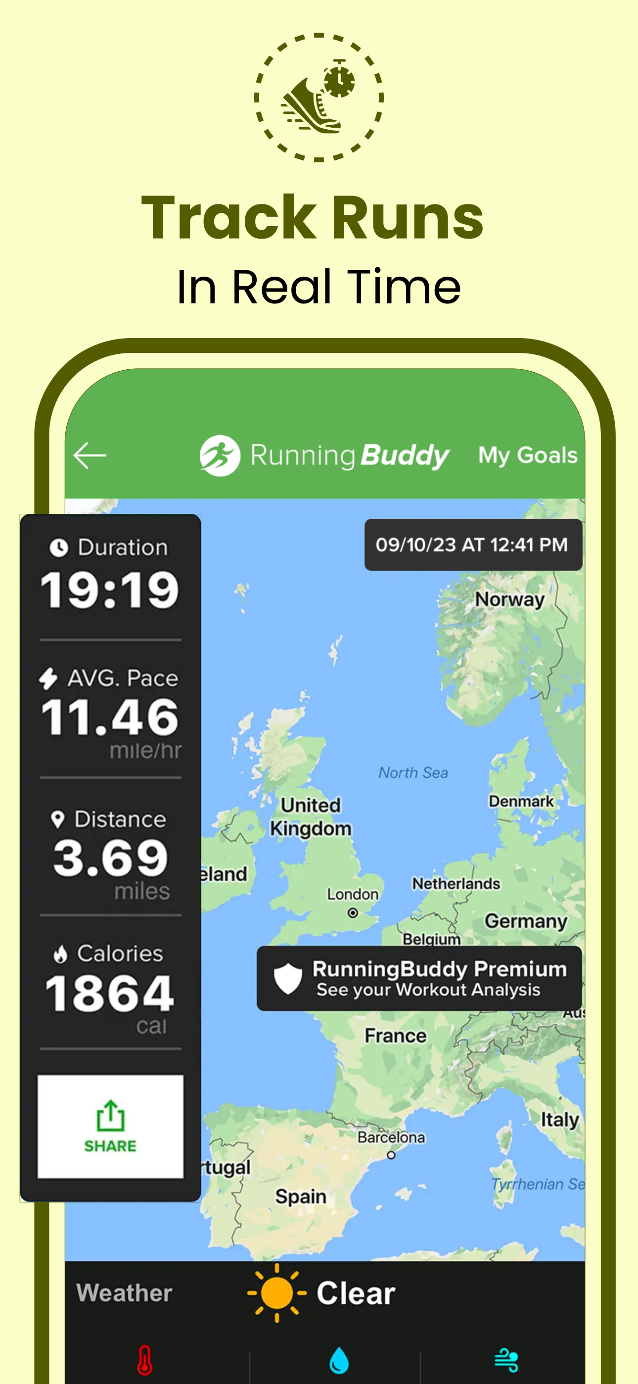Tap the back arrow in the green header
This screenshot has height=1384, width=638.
pos(90,455)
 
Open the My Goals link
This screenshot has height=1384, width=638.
pos(527,455)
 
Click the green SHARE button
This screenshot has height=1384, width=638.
pos(110,1126)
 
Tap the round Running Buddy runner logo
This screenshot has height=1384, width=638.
pos(220,455)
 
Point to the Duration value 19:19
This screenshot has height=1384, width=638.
pos(110,590)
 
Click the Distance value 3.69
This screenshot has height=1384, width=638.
pos(110,857)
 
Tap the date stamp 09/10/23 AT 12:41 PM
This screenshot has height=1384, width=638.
pos(472,545)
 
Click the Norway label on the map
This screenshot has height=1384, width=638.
pos(509,599)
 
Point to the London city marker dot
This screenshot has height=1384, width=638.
pos(353,913)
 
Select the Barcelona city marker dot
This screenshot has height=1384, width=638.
pos(391,1155)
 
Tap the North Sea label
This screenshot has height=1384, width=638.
pos(413,773)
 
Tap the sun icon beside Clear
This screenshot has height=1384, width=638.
pos(276,1292)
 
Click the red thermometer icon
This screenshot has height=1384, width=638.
pos(144,1359)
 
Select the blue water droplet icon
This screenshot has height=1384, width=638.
pos(339,1360)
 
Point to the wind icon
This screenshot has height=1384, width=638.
pos(506,1360)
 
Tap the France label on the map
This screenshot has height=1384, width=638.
pos(395,1036)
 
